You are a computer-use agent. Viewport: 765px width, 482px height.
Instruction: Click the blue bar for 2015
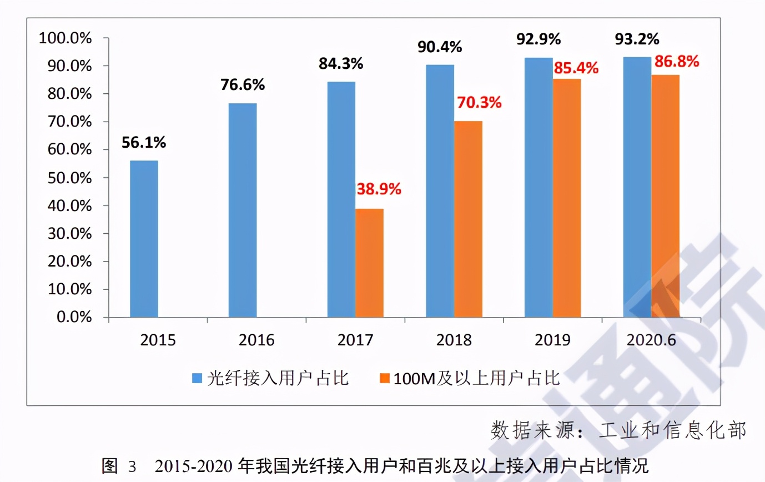click(144, 239)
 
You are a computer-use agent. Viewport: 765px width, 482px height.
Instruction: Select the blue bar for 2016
click(243, 211)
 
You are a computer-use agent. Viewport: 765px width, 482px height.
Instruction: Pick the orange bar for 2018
click(468, 219)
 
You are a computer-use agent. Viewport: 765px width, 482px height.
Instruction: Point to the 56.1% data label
click(144, 143)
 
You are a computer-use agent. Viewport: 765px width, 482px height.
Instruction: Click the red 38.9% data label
click(378, 190)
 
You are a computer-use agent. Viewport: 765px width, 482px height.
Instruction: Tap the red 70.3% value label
click(479, 102)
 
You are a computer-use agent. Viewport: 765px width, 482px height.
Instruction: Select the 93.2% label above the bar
click(637, 39)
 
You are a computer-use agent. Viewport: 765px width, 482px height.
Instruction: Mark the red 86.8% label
click(676, 61)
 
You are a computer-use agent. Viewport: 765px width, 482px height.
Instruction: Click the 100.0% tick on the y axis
click(65, 38)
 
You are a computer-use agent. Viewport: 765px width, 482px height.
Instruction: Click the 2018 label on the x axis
click(454, 340)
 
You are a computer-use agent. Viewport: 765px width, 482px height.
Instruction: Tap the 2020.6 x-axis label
click(652, 340)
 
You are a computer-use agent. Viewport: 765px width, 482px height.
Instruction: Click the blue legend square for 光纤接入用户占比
click(197, 379)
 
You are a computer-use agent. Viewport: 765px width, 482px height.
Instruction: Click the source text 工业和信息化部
click(672, 430)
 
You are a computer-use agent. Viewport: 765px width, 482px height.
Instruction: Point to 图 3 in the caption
click(118, 465)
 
